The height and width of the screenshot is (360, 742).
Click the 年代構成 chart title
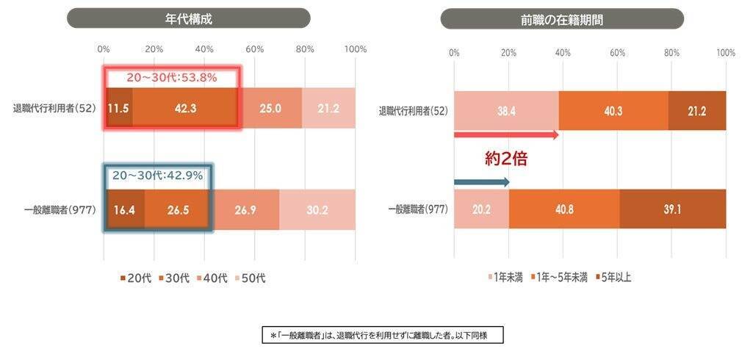point(188,18)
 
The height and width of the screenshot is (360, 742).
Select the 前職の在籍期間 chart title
point(561,18)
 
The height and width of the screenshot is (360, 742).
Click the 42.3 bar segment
point(185,108)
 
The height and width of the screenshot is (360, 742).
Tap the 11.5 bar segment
point(119,108)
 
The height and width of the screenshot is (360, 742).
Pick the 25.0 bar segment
point(271,108)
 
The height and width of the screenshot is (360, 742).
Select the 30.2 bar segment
point(317,209)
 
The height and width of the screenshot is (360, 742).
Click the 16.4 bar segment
point(125,209)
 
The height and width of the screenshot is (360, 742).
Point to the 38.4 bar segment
point(506,111)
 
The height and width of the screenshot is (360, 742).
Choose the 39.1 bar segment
point(672,209)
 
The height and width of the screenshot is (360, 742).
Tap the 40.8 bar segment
point(564,209)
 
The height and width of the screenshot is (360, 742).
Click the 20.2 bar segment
point(481,209)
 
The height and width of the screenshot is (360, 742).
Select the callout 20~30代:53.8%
point(171,77)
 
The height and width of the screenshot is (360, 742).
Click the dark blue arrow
point(481,182)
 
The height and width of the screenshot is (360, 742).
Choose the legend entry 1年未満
point(507,278)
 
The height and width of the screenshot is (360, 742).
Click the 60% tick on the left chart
point(254,49)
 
